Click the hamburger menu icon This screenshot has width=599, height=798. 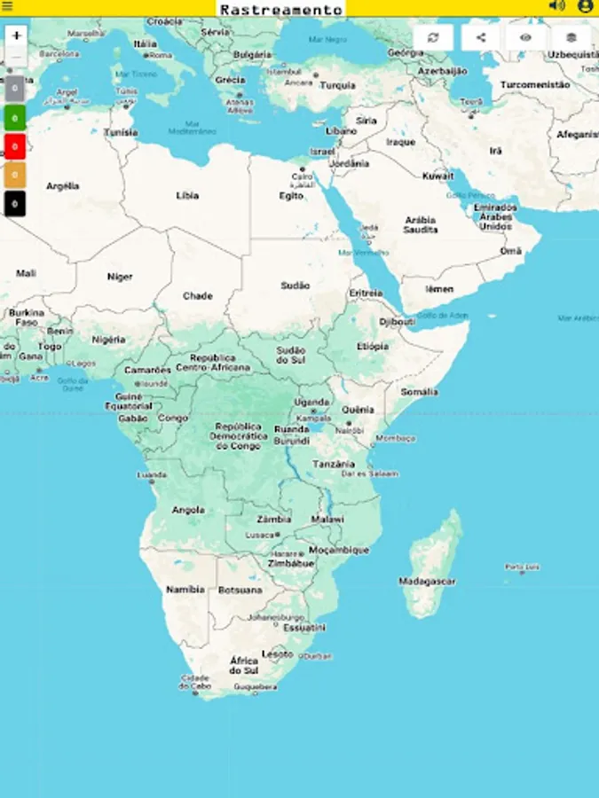pyautogui.click(x=8, y=7)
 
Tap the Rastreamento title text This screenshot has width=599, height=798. pyautogui.click(x=280, y=9)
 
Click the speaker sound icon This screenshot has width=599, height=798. pyautogui.click(x=556, y=6)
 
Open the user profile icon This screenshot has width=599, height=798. pyautogui.click(x=585, y=6)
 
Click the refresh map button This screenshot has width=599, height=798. pyautogui.click(x=433, y=37)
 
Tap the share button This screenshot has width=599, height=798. pyautogui.click(x=480, y=37)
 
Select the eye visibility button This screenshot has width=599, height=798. pyautogui.click(x=525, y=37)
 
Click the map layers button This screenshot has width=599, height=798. pyautogui.click(x=571, y=37)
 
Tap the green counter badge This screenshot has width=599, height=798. pyautogui.click(x=14, y=117)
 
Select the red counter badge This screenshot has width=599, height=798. pyautogui.click(x=14, y=146)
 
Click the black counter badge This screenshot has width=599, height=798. pyautogui.click(x=14, y=204)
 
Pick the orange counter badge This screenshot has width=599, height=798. pyautogui.click(x=14, y=176)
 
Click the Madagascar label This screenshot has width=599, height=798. pyautogui.click(x=427, y=582)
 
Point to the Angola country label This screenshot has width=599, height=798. pyautogui.click(x=188, y=510)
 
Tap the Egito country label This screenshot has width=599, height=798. pyautogui.click(x=291, y=196)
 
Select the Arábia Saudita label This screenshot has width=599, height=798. pyautogui.click(x=421, y=224)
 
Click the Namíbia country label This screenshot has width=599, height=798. pyautogui.click(x=185, y=589)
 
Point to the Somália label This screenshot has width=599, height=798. pyautogui.click(x=419, y=391)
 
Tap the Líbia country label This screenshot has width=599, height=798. pyautogui.click(x=187, y=195)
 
